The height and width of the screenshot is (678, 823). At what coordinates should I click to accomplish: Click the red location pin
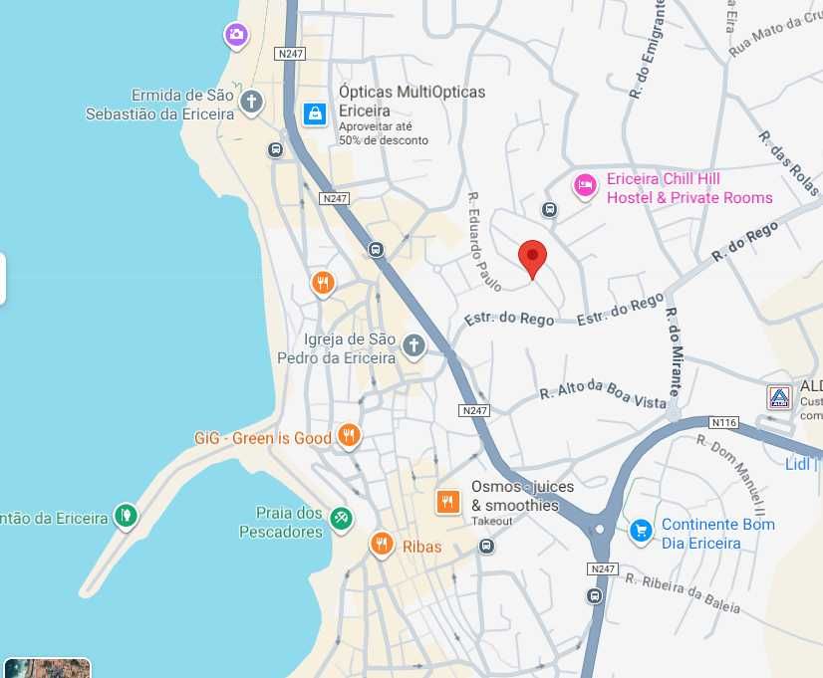(533, 259)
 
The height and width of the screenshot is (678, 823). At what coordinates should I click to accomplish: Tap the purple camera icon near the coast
(235, 37)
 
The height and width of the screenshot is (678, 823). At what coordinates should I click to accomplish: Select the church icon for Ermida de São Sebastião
(252, 102)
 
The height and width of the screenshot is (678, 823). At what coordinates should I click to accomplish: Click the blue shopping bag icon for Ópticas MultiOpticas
(315, 113)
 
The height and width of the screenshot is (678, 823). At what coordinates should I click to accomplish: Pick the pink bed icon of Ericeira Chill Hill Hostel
(585, 185)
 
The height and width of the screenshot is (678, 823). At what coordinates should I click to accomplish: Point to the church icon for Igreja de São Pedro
(413, 345)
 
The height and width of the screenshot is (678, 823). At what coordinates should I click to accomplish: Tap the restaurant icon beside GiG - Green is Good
(348, 435)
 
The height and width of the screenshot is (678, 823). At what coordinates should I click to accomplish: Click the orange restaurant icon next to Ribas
(381, 544)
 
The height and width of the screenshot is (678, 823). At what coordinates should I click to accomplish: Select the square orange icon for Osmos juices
(448, 503)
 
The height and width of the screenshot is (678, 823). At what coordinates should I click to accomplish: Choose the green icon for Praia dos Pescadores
(342, 519)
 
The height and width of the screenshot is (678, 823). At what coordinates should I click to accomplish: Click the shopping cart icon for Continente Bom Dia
(641, 531)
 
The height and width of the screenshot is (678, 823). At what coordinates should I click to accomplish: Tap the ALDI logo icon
(779, 397)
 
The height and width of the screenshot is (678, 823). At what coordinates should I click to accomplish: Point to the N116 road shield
(724, 423)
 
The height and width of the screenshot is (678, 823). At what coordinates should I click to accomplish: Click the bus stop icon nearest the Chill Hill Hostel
(548, 209)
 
